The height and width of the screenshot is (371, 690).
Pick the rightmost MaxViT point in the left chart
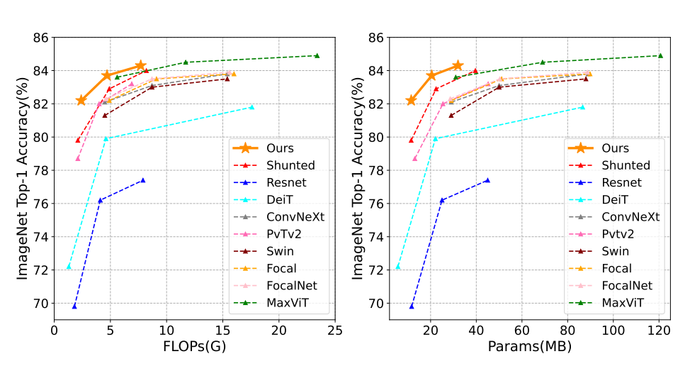point(317,55)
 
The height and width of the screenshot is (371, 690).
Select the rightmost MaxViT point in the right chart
point(660,55)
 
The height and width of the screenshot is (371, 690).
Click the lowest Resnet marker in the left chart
point(74,306)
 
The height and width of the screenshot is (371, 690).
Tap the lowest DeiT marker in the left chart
point(69,267)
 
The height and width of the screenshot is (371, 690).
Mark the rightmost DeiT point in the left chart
point(251,107)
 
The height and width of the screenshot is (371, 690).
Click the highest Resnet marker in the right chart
point(487,180)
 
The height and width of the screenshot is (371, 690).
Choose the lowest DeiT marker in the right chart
point(398,267)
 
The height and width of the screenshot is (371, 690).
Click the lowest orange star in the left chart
point(81,101)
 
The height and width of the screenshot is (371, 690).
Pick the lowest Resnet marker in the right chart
point(412,306)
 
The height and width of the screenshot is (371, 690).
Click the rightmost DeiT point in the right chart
point(582,107)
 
